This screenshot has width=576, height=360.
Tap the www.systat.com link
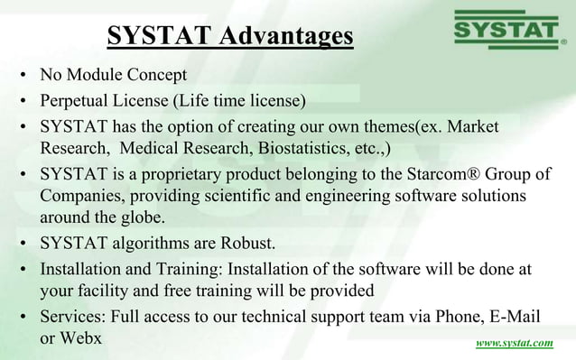515,344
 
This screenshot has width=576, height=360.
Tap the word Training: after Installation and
193,268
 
